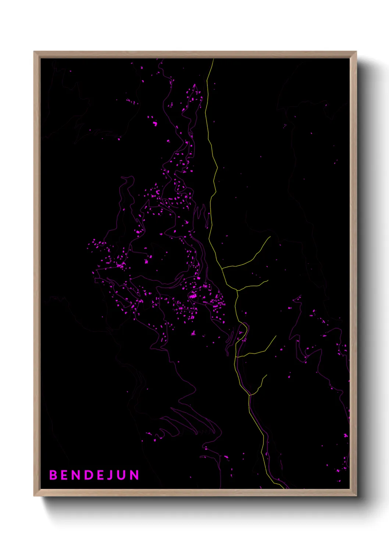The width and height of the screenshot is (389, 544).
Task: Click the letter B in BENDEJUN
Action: pyautogui.click(x=53, y=475)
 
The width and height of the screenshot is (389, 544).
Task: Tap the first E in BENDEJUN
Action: pyautogui.click(x=64, y=475)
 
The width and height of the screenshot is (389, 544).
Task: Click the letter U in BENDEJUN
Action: pyautogui.click(x=122, y=475)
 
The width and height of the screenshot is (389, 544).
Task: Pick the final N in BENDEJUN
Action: pyautogui.click(x=135, y=475)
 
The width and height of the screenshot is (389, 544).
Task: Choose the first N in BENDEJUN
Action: pyautogui.click(x=76, y=475)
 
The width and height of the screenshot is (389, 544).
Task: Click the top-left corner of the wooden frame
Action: pyautogui.click(x=34, y=52)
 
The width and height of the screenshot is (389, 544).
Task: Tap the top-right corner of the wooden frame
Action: pyautogui.click(x=356, y=52)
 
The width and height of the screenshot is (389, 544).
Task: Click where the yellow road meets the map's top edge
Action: pyautogui.click(x=213, y=59)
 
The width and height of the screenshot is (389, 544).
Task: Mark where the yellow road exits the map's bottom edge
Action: pyautogui.click(x=284, y=488)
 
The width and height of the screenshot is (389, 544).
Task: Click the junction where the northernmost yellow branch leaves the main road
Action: pyautogui.click(x=222, y=268)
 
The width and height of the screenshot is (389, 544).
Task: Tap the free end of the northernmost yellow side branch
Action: pyautogui.click(x=271, y=236)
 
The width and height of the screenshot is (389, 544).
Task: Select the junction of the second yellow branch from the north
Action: pyautogui.click(x=237, y=291)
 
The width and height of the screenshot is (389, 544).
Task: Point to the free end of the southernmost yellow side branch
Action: pyautogui.click(x=267, y=375)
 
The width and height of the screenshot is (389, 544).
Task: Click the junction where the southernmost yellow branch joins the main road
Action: pyautogui.click(x=250, y=395)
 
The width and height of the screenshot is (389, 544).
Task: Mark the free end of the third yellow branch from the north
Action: pyautogui.click(x=276, y=336)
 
